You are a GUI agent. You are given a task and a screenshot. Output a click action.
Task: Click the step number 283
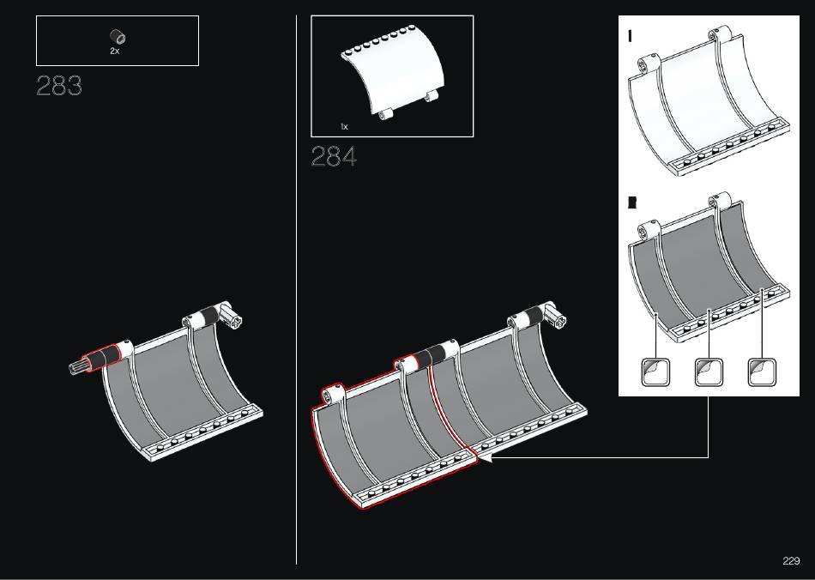point(59,86)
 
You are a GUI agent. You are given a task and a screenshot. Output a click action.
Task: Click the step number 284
point(334,156)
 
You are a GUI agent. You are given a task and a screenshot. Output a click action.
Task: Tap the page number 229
point(791,561)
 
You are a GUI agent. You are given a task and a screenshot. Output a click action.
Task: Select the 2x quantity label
point(115,51)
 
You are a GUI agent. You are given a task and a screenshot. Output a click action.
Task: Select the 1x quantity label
point(344,126)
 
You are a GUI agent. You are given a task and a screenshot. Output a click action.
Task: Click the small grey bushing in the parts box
point(118,37)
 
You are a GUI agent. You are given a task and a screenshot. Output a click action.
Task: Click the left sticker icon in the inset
point(656,372)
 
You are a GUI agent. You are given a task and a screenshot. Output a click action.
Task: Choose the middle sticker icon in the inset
point(709,372)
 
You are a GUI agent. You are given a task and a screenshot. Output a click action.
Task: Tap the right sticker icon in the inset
point(762,372)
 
